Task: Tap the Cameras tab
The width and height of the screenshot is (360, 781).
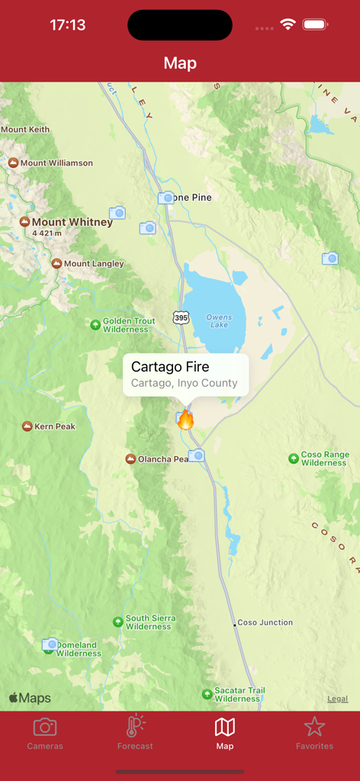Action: click(x=45, y=733)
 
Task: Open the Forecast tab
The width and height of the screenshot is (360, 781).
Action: click(x=135, y=733)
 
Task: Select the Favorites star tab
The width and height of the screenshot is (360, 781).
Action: click(x=314, y=733)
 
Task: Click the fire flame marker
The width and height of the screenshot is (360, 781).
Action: click(x=186, y=419)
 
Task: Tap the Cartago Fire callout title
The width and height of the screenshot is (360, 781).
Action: click(x=170, y=367)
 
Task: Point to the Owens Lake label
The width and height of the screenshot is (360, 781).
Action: click(x=219, y=321)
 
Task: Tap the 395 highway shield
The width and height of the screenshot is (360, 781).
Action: click(x=180, y=317)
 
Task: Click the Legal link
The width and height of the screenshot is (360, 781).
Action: click(x=337, y=699)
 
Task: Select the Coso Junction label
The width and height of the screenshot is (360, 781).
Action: click(x=265, y=622)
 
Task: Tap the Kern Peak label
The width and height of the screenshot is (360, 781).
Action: click(x=54, y=426)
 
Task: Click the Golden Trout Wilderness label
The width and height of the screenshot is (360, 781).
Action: click(x=128, y=326)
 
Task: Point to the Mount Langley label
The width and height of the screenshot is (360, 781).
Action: click(x=93, y=264)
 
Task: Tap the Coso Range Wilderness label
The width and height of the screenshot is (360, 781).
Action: click(x=324, y=458)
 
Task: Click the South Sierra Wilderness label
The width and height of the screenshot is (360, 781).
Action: click(x=149, y=622)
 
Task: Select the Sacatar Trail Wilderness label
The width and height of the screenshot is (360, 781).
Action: click(x=239, y=694)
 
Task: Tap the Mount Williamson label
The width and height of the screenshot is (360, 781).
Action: click(x=56, y=162)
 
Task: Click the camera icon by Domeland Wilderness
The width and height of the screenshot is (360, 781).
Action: click(x=50, y=644)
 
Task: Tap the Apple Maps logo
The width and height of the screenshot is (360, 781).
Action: click(x=30, y=698)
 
